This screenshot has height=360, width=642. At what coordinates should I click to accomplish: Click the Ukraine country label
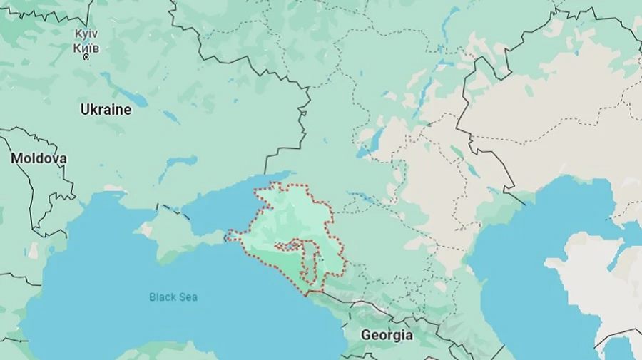[106, 110]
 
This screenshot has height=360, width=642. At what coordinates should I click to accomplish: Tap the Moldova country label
[39, 158]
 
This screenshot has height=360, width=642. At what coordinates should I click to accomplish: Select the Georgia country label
[387, 334]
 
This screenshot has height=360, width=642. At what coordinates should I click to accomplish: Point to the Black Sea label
[173, 297]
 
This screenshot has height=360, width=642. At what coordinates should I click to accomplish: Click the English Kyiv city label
[86, 34]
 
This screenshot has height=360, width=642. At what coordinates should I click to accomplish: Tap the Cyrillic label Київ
[86, 47]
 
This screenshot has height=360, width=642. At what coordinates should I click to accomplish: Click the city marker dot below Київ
[86, 56]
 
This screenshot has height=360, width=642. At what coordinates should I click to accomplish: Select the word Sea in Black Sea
[188, 297]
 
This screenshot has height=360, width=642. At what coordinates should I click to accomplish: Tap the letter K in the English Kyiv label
[78, 34]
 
